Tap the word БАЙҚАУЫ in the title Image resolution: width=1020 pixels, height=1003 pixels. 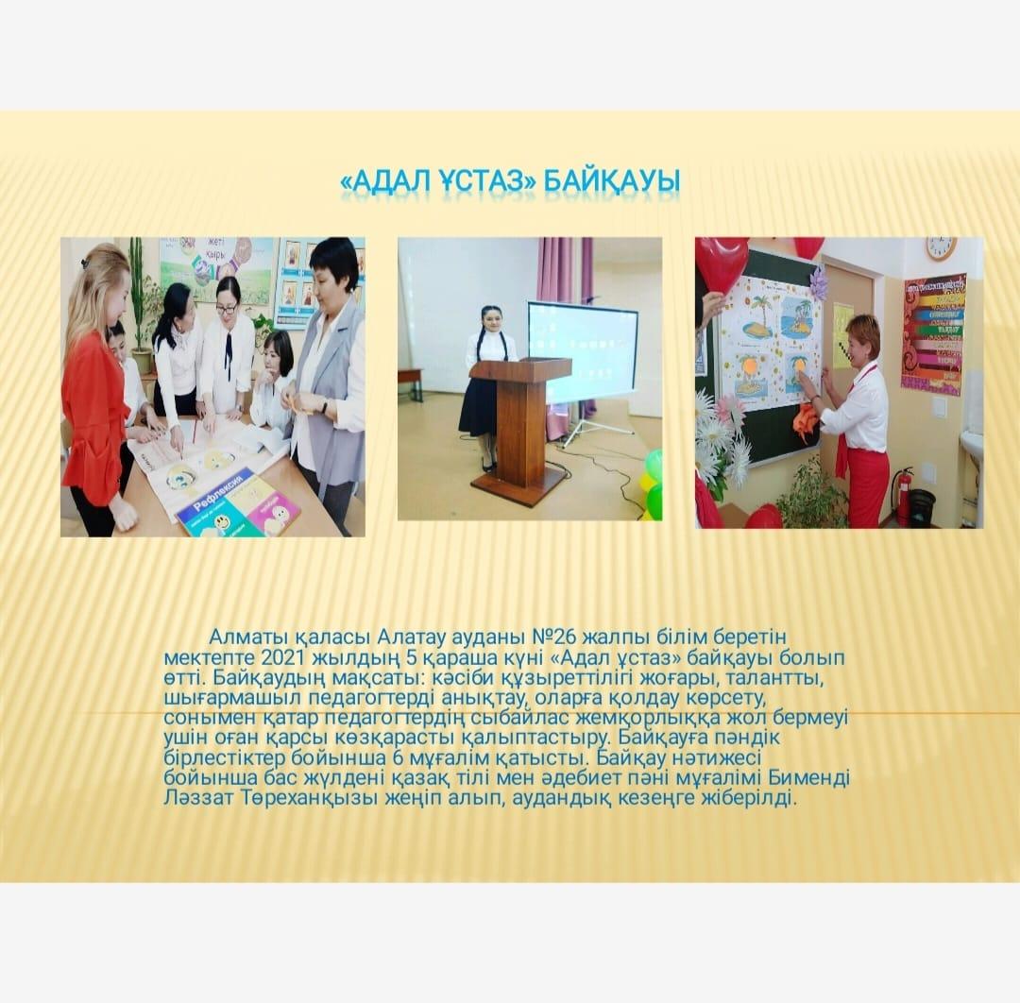[x=611, y=181]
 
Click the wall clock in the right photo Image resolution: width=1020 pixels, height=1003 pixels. [x=940, y=246]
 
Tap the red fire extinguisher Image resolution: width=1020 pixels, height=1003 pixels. [x=904, y=497]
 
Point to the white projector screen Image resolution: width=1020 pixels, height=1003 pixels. [x=582, y=351]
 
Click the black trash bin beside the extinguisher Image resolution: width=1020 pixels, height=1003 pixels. [x=921, y=508]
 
